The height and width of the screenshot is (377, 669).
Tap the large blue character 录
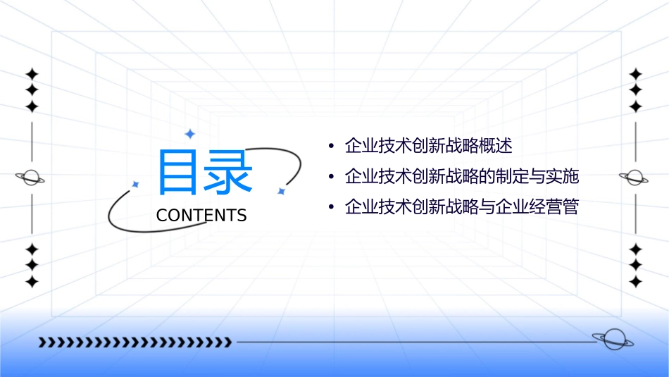click(x=228, y=173)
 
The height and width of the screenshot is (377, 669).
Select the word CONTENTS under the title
click(x=201, y=215)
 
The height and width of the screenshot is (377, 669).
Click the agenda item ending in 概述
click(x=428, y=146)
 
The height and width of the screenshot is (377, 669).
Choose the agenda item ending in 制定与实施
click(x=461, y=176)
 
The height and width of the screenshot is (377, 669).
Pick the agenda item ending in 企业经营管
click(x=461, y=207)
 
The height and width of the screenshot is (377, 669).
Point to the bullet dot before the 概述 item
click(x=331, y=147)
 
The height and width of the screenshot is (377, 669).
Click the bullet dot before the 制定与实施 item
click(x=331, y=177)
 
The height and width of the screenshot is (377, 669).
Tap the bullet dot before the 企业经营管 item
click(x=331, y=208)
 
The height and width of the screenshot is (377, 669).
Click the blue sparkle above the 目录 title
click(x=189, y=134)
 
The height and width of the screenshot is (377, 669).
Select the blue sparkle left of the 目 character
click(x=136, y=185)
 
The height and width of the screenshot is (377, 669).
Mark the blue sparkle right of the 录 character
click(x=280, y=191)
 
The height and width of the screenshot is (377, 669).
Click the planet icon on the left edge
click(x=30, y=178)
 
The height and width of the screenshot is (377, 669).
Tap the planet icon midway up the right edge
click(x=634, y=178)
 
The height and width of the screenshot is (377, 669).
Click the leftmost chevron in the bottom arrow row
click(x=42, y=342)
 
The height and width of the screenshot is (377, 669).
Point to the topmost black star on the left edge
click(x=32, y=74)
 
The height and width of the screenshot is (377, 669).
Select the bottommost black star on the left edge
click(x=32, y=282)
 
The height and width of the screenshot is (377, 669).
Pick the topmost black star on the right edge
click(x=636, y=74)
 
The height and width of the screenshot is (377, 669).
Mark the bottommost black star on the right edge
click(x=636, y=282)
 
